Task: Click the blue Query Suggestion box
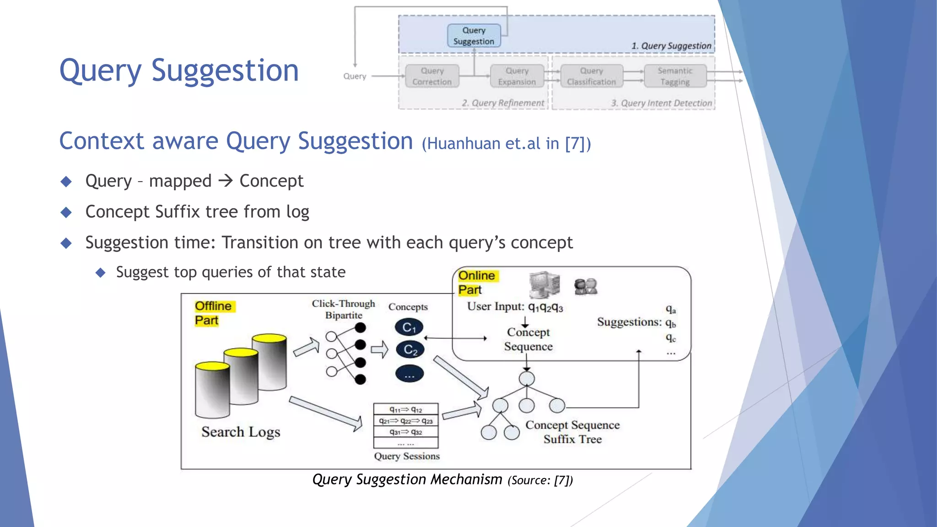coord(474,36)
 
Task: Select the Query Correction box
coord(432,76)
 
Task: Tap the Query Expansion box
coord(517,76)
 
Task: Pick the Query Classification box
coord(591,76)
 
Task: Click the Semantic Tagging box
coord(675,76)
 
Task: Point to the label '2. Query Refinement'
coord(503,103)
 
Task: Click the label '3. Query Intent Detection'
coord(662,103)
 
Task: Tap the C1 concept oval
coord(409,328)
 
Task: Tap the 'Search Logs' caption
coord(241,432)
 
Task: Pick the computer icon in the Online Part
coord(544,284)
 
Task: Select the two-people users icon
coord(586,287)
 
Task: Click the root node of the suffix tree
coord(527,379)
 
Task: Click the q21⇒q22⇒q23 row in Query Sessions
coord(406,421)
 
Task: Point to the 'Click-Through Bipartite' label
coord(344,309)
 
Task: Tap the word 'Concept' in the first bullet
coord(271,181)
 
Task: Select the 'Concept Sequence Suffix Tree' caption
coord(572,432)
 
